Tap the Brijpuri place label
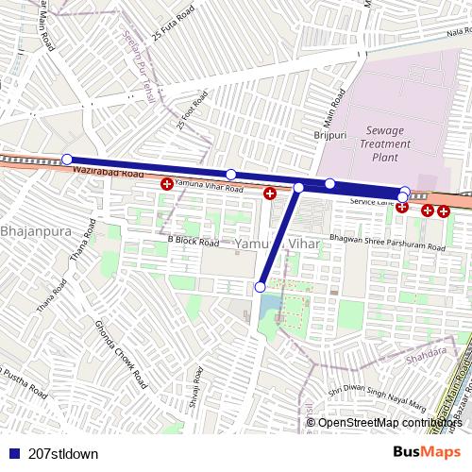(x=331, y=136)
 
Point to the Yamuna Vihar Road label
(x=210, y=189)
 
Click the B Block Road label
(x=194, y=242)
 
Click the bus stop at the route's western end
(x=66, y=159)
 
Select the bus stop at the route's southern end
(x=261, y=286)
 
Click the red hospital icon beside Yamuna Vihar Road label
(x=167, y=183)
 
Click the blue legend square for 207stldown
(x=11, y=453)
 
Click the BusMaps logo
(x=428, y=452)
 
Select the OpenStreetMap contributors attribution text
(x=390, y=423)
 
